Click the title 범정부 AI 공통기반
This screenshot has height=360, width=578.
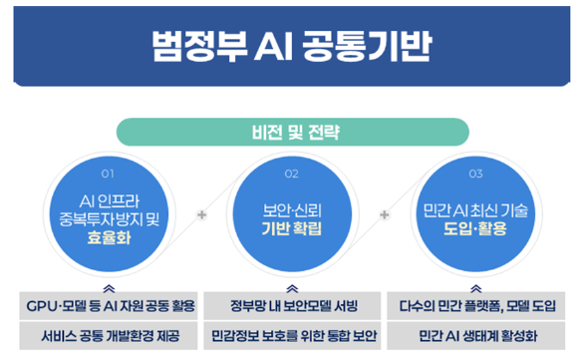[289, 45]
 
